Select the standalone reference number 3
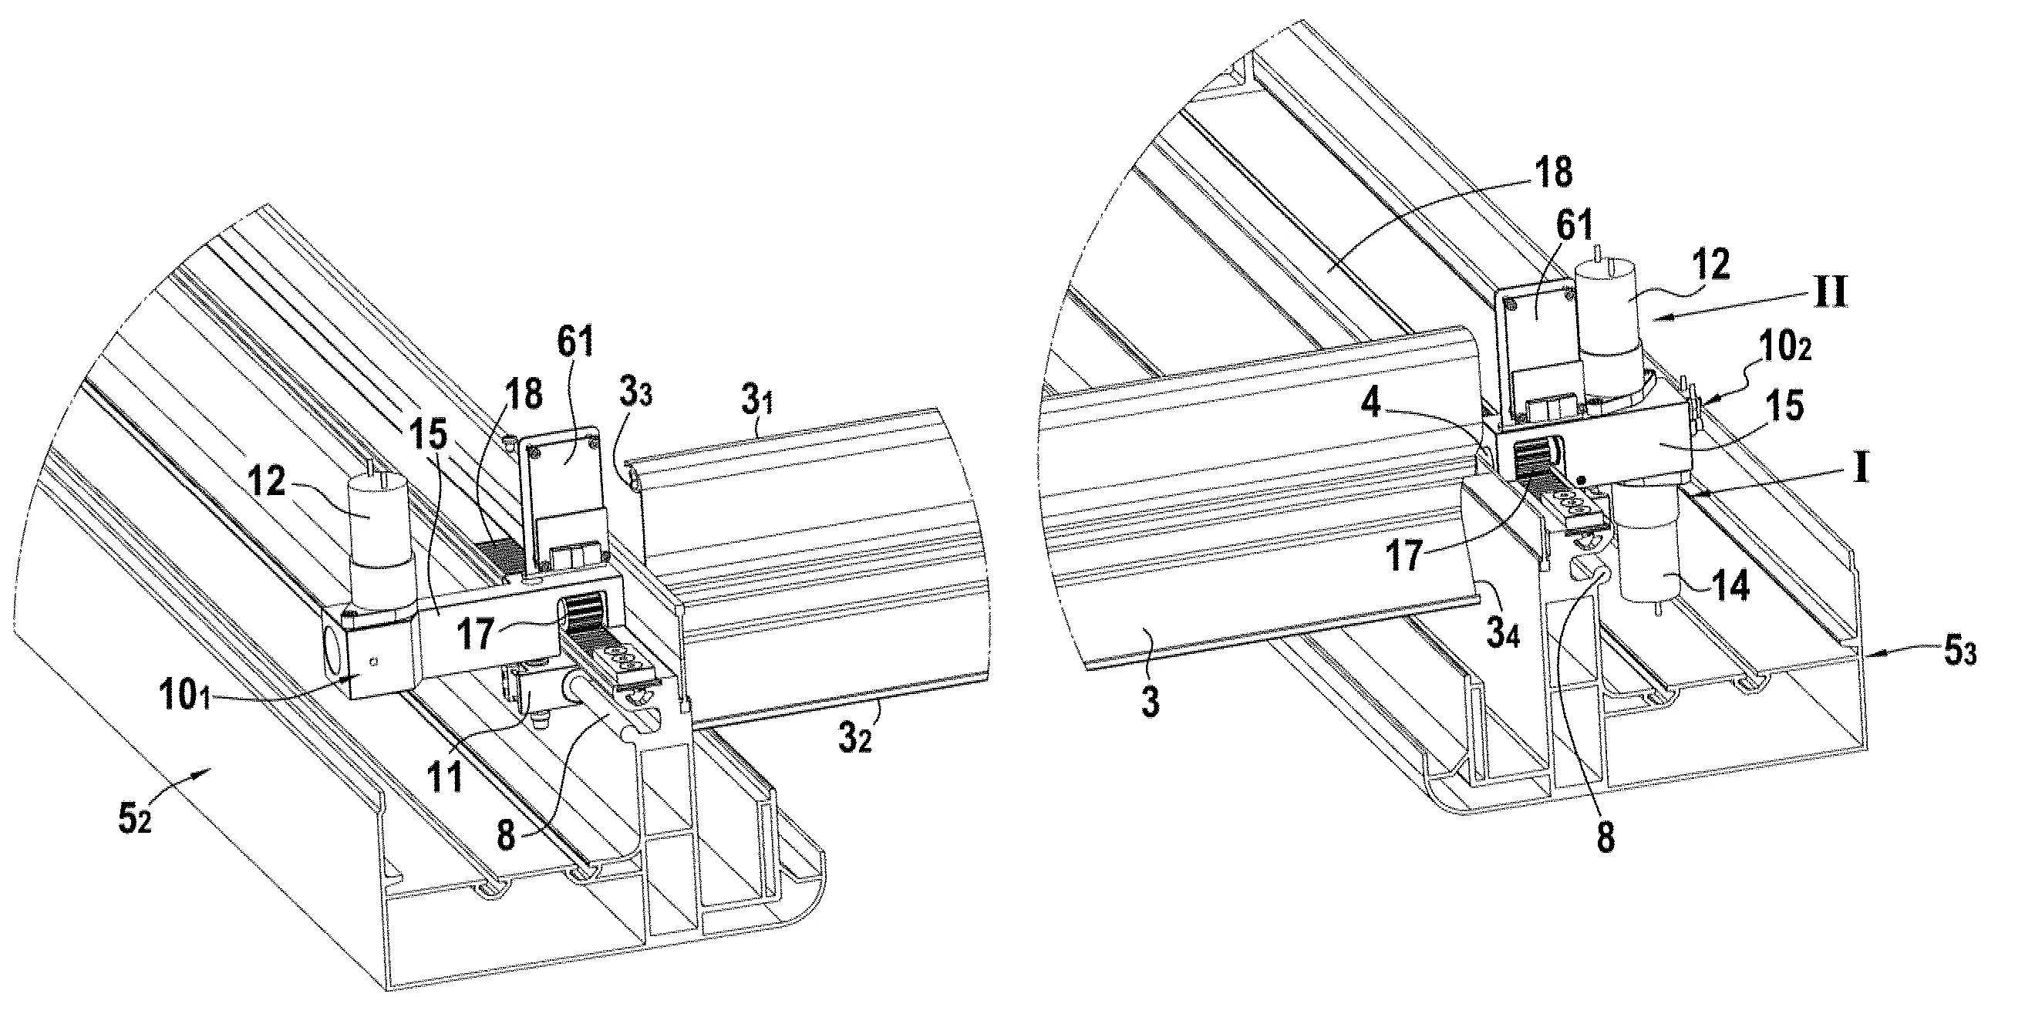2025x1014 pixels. (x=1150, y=702)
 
